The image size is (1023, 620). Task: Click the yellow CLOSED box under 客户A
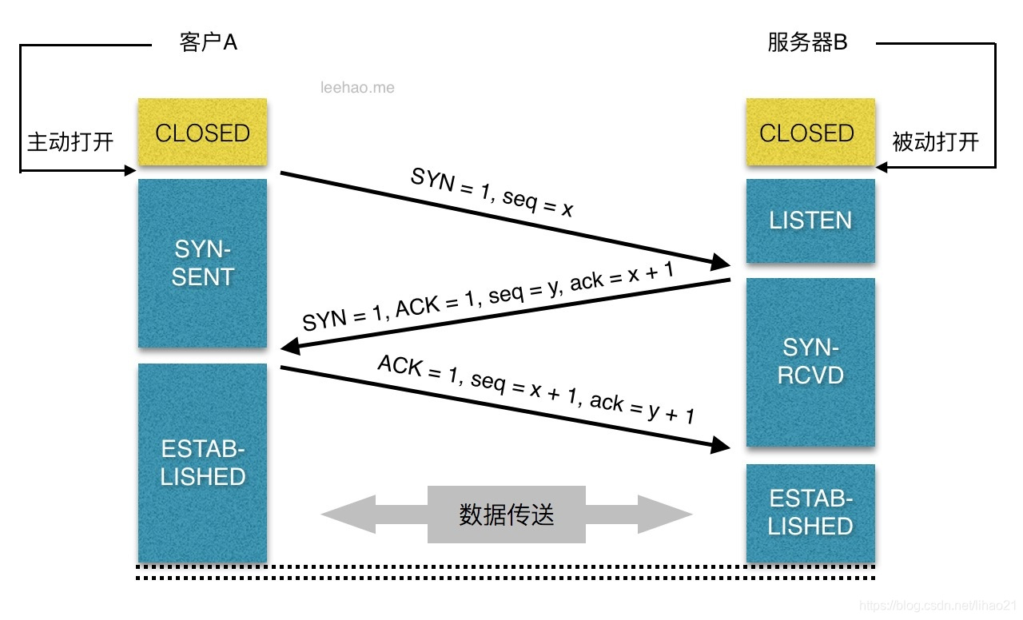[202, 133]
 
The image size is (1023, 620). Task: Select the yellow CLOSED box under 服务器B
[810, 133]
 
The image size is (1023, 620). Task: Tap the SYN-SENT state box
[202, 264]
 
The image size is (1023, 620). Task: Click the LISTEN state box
[810, 221]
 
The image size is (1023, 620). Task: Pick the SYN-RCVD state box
[810, 361]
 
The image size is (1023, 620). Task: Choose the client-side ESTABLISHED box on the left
[202, 463]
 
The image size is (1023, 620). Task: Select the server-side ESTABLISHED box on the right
[810, 513]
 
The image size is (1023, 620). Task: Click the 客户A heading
[208, 43]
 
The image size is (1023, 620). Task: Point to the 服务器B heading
[807, 43]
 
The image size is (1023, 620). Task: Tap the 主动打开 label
[70, 142]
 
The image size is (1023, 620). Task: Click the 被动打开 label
[935, 142]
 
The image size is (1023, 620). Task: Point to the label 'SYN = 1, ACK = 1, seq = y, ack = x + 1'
[488, 297]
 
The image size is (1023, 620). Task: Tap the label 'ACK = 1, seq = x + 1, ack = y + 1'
[535, 389]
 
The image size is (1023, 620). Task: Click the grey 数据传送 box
[507, 515]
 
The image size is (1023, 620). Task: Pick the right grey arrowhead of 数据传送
[665, 515]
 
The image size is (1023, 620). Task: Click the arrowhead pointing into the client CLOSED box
[129, 170]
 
